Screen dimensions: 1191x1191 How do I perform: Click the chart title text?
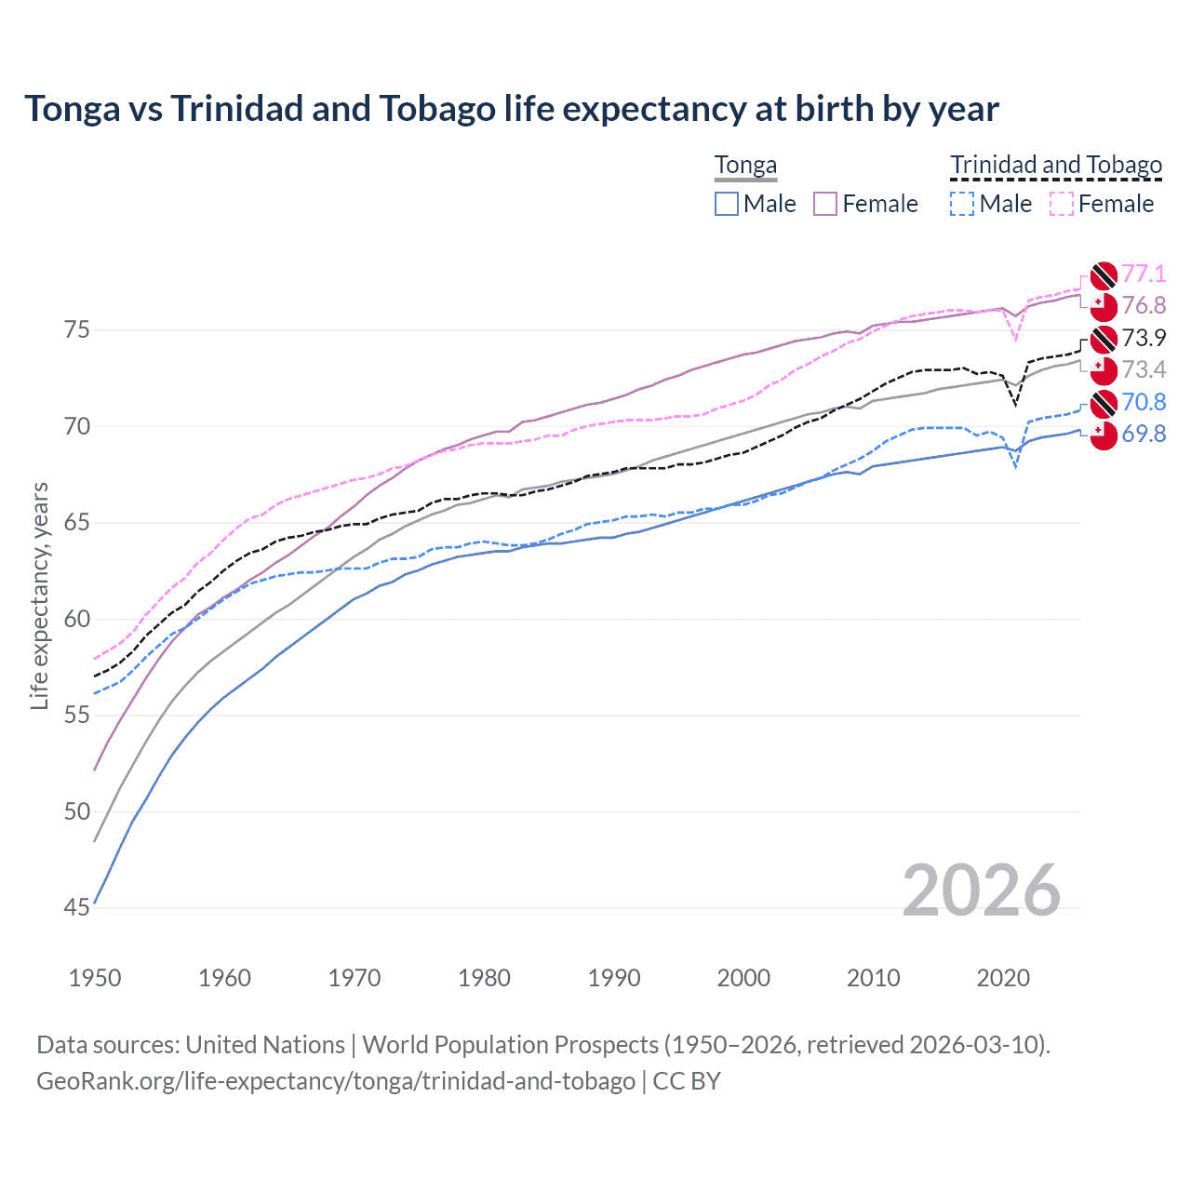point(511,109)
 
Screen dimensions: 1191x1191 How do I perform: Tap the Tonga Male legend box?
point(727,204)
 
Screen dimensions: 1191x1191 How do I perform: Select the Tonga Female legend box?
point(825,204)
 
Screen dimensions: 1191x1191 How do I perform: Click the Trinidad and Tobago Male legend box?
point(962,204)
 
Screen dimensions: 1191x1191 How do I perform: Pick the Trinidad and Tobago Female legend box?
point(1062,204)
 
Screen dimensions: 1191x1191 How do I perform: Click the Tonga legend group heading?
point(745,166)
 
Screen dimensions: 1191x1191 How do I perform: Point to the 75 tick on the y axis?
point(76,330)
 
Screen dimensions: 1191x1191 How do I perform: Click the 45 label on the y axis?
point(76,908)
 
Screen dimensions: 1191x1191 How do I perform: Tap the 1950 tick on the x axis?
point(95,978)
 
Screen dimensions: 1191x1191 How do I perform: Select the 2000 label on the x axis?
point(743,978)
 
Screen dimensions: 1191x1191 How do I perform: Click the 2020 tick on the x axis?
point(1003,978)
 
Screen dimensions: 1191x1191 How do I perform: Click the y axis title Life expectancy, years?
point(40,595)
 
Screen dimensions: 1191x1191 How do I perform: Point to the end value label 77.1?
point(1144,274)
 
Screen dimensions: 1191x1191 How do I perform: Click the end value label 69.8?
point(1144,435)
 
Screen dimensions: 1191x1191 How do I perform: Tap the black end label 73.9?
point(1144,338)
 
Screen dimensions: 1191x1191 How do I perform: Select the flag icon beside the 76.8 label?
point(1103,306)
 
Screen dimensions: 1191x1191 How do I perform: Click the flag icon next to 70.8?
point(1103,403)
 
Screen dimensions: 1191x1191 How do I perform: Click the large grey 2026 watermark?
point(981,890)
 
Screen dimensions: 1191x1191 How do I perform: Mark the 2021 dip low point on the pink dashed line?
point(1016,340)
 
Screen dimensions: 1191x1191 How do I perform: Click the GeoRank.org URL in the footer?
point(336,1081)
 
